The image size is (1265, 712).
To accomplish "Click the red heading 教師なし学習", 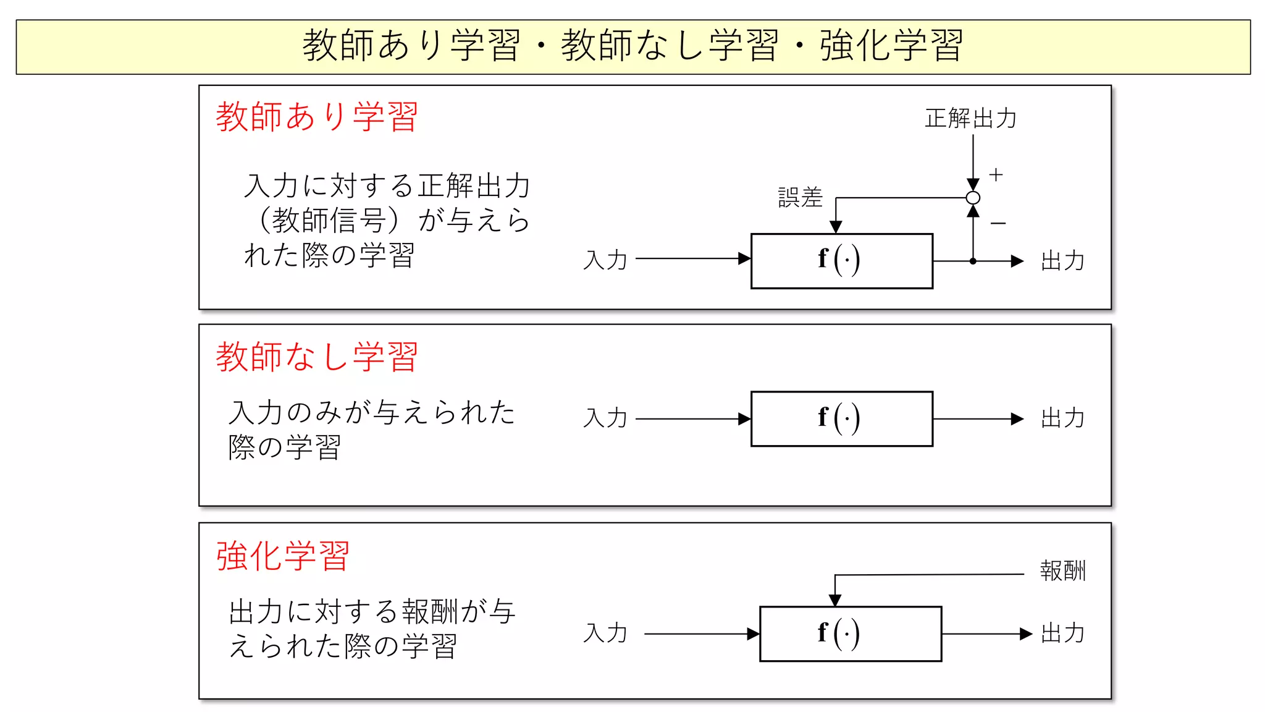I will tap(317, 357).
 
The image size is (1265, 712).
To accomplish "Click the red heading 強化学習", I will tap(283, 556).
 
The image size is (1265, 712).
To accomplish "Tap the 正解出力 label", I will tap(970, 118).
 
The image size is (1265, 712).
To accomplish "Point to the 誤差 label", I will tap(800, 198).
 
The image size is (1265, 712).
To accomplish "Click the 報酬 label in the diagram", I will tap(1062, 570).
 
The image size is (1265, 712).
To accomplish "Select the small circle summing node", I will tap(973, 198).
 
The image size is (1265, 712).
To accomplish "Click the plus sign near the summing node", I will tap(996, 175).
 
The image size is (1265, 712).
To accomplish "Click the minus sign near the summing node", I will tap(998, 223).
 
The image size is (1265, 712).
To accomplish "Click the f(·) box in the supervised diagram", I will tap(841, 261).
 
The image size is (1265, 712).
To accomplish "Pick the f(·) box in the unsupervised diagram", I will tap(841, 418).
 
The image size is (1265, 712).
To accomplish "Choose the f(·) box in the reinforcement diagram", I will tap(850, 634).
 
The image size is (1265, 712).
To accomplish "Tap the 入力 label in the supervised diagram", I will tap(605, 260).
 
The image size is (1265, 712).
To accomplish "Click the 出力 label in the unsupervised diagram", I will tap(1062, 418).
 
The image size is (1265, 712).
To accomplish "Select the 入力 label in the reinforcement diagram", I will tap(605, 634).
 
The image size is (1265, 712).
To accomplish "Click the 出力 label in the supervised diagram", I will tap(1062, 261).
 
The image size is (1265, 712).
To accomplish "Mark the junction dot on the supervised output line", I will tap(973, 261).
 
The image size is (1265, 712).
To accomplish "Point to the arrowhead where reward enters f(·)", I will tap(835, 600).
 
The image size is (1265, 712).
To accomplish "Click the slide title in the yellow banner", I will tap(632, 46).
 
